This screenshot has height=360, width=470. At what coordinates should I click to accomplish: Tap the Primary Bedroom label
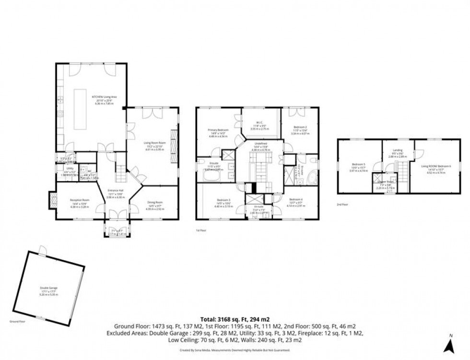point(218,131)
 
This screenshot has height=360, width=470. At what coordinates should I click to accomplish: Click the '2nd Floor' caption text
point(342,204)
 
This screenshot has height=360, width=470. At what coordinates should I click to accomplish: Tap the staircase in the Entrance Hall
point(121,168)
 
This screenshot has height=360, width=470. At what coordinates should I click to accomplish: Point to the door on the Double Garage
point(43,250)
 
